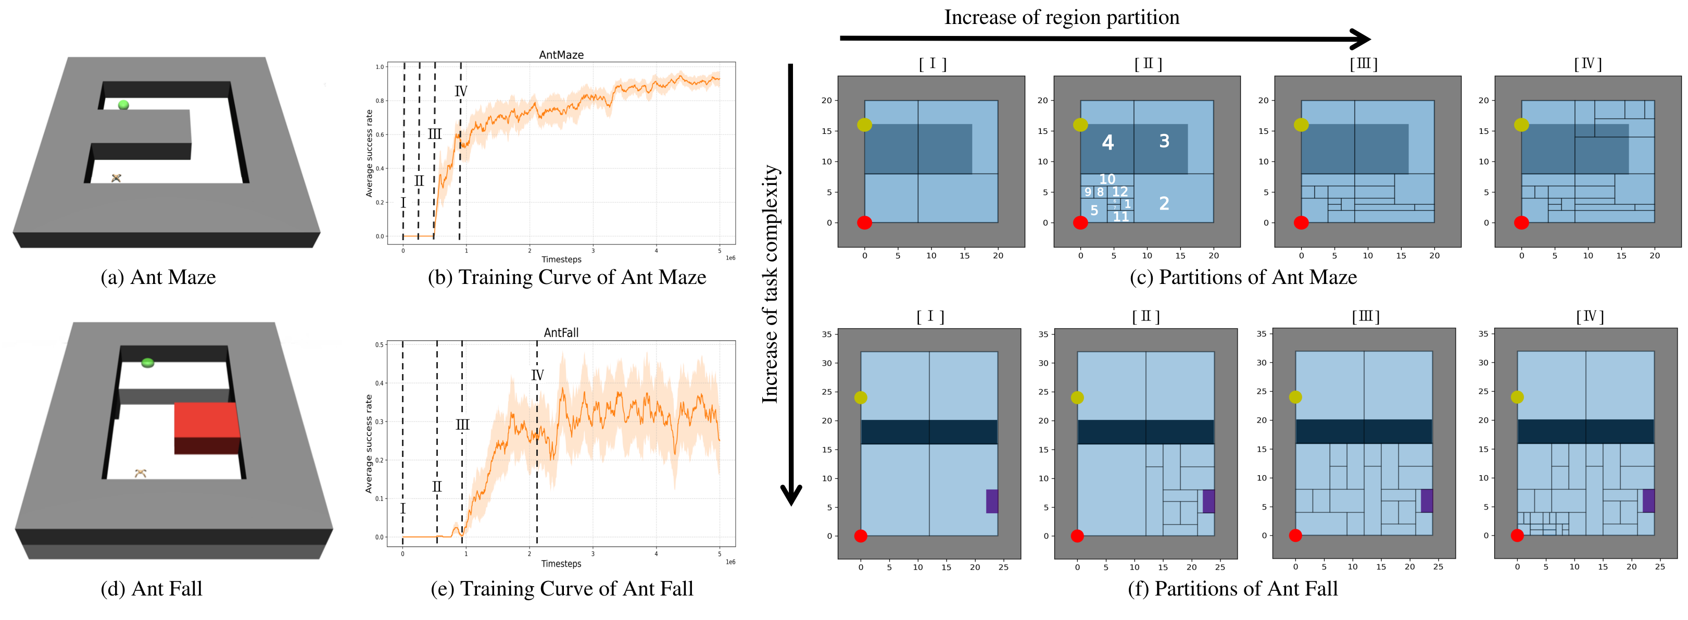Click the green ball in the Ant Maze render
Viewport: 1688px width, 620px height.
tap(123, 105)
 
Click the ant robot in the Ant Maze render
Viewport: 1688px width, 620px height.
tap(116, 178)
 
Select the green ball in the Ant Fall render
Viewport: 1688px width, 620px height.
tap(147, 363)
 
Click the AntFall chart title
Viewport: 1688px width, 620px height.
tap(561, 333)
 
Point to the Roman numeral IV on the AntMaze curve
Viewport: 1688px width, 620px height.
tap(461, 91)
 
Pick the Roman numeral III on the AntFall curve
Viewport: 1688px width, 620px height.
tap(463, 425)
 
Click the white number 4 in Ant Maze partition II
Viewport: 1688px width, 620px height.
tap(1107, 142)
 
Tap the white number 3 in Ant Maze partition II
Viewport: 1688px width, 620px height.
tap(1164, 141)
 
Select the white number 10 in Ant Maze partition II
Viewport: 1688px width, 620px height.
tap(1107, 179)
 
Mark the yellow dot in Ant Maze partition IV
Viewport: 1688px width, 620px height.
tap(1521, 125)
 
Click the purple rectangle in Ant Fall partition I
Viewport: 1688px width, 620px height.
tap(992, 501)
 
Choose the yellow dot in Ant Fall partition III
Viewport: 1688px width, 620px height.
tap(1295, 397)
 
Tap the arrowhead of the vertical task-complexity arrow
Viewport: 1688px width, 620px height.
tap(791, 495)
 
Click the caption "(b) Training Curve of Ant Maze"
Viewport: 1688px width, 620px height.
tap(567, 277)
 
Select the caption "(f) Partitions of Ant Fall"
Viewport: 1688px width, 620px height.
tap(1232, 589)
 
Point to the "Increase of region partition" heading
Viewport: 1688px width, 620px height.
tap(1061, 17)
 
